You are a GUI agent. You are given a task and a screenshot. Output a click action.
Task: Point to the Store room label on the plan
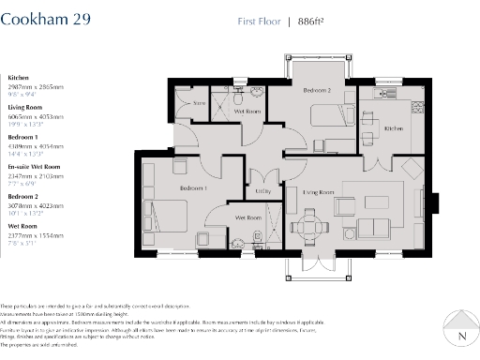pyautogui.click(x=199, y=102)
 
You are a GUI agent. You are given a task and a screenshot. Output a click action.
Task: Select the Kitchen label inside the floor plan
pyautogui.click(x=392, y=128)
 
